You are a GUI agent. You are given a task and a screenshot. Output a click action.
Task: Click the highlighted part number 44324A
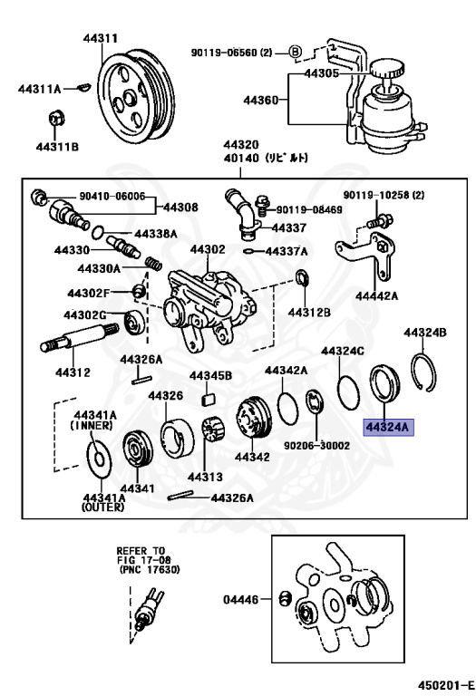[x=388, y=427]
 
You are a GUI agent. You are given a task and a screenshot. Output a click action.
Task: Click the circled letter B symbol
[x=296, y=52]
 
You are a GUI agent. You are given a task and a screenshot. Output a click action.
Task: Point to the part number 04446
[x=242, y=599]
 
